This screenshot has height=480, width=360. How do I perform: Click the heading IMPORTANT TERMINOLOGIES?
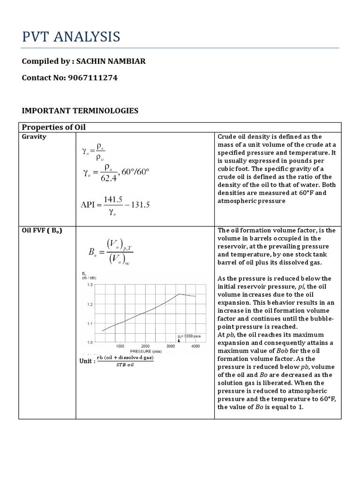click(80, 111)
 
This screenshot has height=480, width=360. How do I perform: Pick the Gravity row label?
click(34, 137)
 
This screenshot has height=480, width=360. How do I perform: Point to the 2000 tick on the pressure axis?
click(145, 346)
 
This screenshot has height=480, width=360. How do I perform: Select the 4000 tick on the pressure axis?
click(195, 346)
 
